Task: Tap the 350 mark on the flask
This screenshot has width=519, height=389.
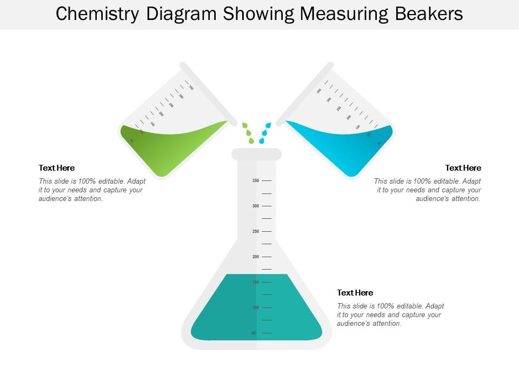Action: point(256,180)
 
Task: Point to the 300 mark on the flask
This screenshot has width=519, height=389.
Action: point(256,206)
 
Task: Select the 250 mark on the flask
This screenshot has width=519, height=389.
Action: point(256,231)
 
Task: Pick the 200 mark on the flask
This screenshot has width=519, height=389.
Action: point(256,257)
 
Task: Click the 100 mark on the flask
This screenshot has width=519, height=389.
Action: point(256,307)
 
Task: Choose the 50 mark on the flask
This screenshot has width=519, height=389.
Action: point(254,333)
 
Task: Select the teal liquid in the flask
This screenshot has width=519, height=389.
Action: point(227,313)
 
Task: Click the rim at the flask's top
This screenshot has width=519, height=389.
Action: point(257,154)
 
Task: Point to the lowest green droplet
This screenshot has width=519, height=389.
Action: point(251,140)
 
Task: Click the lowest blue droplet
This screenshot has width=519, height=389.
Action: point(262,140)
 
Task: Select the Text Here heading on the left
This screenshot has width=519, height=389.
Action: point(57,168)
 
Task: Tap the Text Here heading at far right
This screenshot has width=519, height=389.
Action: point(463,168)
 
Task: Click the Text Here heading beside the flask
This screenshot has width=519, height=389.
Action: point(355,293)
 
